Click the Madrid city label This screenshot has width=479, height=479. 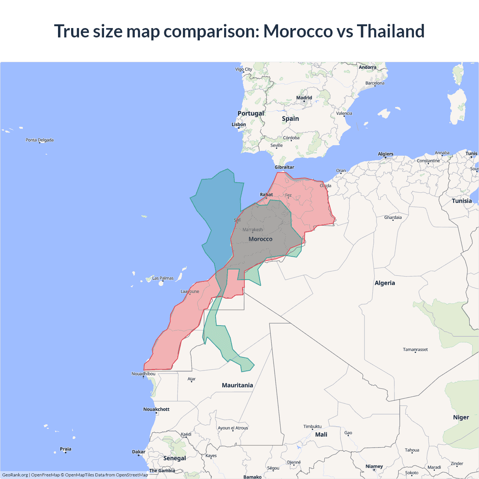304,98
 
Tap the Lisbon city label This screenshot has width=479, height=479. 239,125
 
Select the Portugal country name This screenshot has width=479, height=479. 251,113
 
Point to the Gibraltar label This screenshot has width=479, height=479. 284,167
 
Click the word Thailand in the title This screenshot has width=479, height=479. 390,31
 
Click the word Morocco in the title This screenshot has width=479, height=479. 298,31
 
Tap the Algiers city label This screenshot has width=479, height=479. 385,154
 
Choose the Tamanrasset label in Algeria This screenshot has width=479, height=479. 415,350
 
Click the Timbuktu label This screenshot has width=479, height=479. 312,426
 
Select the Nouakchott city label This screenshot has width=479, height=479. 156,409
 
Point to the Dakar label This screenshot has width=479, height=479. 138,452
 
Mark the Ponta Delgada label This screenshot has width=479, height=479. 40,140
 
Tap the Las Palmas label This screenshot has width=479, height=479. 163,278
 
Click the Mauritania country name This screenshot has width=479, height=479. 237,385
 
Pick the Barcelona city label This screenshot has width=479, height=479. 375,83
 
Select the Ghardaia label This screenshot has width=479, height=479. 393,217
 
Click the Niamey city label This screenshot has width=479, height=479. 374,466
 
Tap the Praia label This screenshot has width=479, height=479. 65,449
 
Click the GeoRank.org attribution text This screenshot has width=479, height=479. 15,475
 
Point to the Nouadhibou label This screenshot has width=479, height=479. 143,374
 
